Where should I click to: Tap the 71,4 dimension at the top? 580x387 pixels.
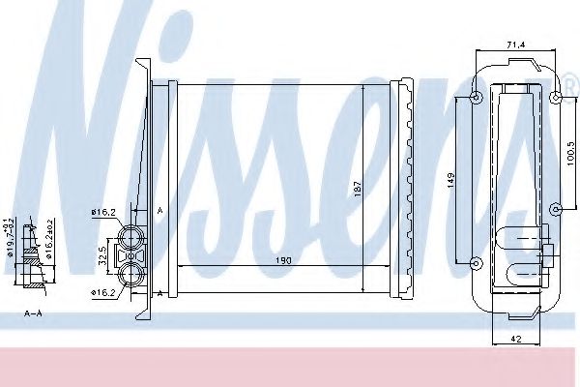pos(515,44)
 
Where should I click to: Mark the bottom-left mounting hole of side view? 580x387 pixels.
pos(475,263)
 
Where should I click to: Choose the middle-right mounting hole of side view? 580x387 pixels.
pos(555,208)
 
